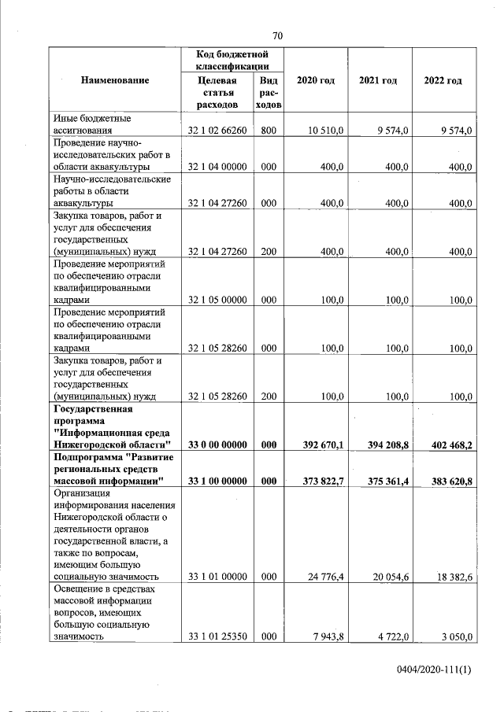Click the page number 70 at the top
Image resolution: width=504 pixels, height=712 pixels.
277,35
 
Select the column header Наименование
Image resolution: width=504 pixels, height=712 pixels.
114,80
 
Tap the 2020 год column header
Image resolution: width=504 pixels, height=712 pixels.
315,80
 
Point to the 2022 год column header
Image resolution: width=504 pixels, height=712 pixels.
443,80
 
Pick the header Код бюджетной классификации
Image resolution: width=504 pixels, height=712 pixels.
233,60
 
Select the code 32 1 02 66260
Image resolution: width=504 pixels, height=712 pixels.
218,130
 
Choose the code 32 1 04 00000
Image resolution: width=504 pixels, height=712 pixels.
218,167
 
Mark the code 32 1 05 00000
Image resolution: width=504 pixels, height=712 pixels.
218,300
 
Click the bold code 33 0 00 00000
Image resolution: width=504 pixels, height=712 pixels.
218,445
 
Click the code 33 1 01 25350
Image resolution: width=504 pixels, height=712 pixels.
218,636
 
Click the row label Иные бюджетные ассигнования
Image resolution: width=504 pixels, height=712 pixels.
92,124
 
